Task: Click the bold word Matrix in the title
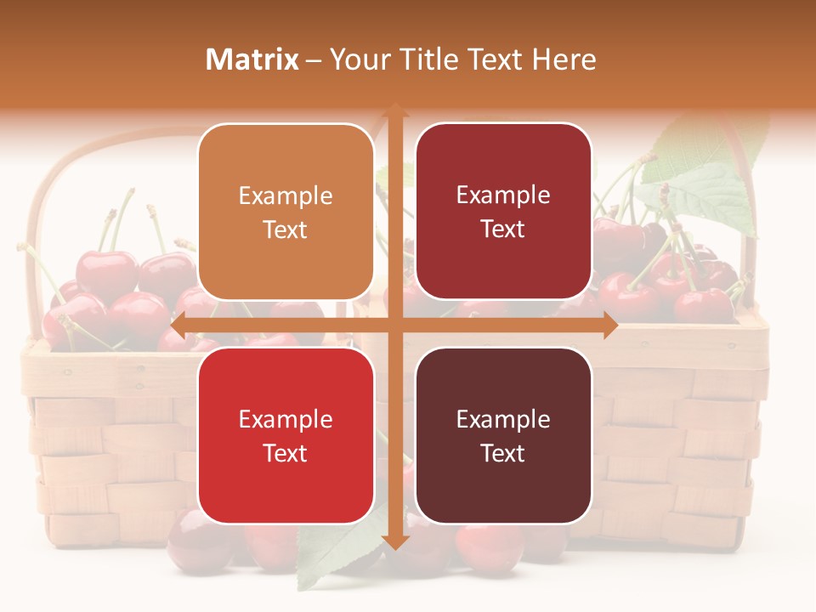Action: (x=252, y=59)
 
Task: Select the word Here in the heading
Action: (x=564, y=59)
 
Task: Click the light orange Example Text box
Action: (x=286, y=212)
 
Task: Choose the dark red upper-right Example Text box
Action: (x=503, y=212)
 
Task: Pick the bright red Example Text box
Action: (x=286, y=435)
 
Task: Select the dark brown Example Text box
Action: (x=503, y=435)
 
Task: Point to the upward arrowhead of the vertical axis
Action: (x=394, y=111)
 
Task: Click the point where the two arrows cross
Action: (x=394, y=325)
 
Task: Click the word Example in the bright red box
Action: (x=286, y=419)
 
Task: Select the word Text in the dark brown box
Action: (x=503, y=453)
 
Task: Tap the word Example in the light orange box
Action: (x=286, y=195)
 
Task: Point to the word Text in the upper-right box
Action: (x=503, y=229)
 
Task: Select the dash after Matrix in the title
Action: (x=314, y=60)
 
